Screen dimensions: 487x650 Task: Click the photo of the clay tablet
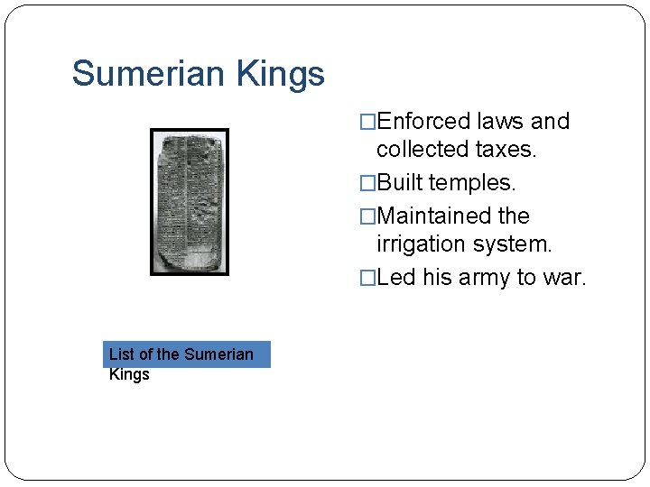[x=190, y=202]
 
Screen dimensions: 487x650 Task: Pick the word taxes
[x=507, y=150]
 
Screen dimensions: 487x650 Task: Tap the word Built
[x=400, y=183]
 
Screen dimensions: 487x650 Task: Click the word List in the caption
[x=122, y=354]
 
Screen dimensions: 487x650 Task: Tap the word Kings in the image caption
[x=129, y=374]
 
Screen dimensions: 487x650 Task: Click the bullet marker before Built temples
[x=367, y=183]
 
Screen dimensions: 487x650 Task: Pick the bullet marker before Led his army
[x=367, y=278]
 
